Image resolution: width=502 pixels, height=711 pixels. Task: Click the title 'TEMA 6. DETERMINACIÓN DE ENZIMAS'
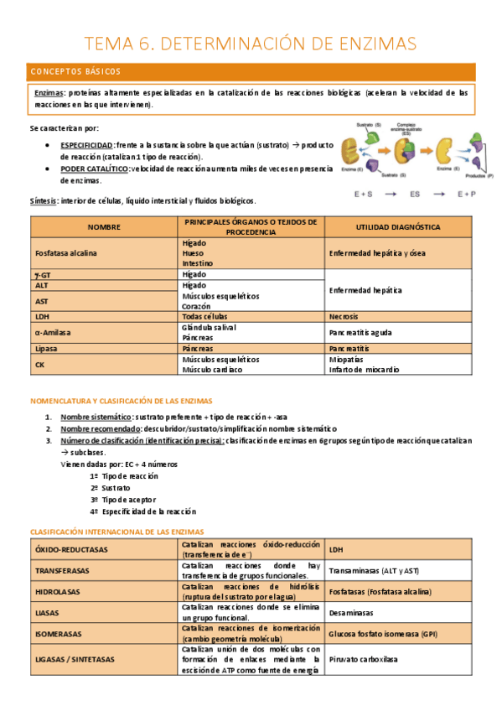(x=251, y=43)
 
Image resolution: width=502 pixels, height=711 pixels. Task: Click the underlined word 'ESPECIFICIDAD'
(x=87, y=145)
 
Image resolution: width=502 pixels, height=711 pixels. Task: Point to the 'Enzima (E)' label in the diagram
(x=353, y=169)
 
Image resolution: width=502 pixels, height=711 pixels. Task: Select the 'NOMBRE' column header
(x=104, y=226)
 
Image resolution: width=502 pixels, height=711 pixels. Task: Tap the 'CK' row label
(x=40, y=365)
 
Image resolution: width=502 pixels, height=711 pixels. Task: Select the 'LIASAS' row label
(x=47, y=613)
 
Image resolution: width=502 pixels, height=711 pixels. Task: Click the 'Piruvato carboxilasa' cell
(x=364, y=659)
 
